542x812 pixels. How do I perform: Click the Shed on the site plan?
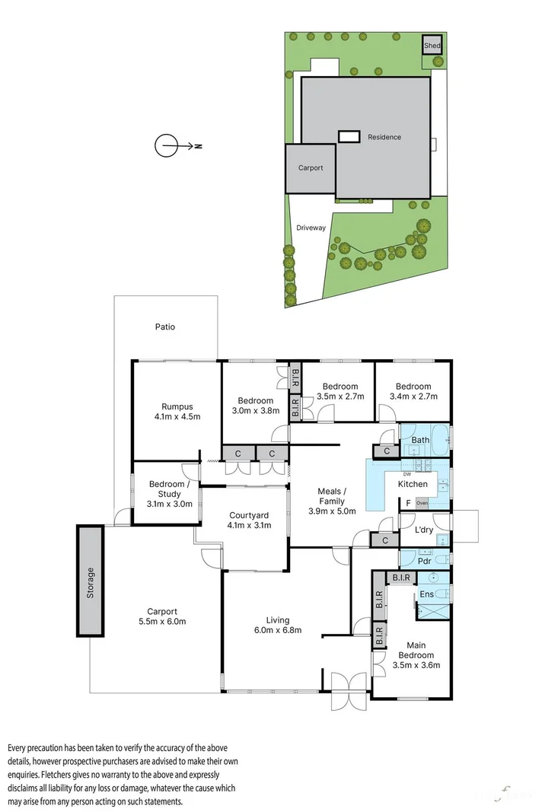tap(432, 46)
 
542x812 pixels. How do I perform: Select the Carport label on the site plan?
tap(311, 168)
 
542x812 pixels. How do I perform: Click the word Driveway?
tap(311, 228)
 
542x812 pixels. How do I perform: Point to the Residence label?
tap(384, 137)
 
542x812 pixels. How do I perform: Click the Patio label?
tap(165, 326)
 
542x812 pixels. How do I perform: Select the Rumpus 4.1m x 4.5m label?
tap(176, 411)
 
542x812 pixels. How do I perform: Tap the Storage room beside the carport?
tap(90, 581)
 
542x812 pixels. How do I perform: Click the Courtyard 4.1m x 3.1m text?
tap(246, 520)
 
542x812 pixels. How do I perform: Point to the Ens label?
tap(426, 594)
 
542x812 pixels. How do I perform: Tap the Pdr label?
tap(424, 561)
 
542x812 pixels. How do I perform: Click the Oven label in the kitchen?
tap(422, 503)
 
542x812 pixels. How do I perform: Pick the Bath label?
tap(420, 440)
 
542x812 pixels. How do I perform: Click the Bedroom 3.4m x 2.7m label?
tap(413, 391)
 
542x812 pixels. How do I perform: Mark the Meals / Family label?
tap(332, 501)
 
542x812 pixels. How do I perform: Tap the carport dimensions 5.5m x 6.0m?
tap(162, 622)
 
